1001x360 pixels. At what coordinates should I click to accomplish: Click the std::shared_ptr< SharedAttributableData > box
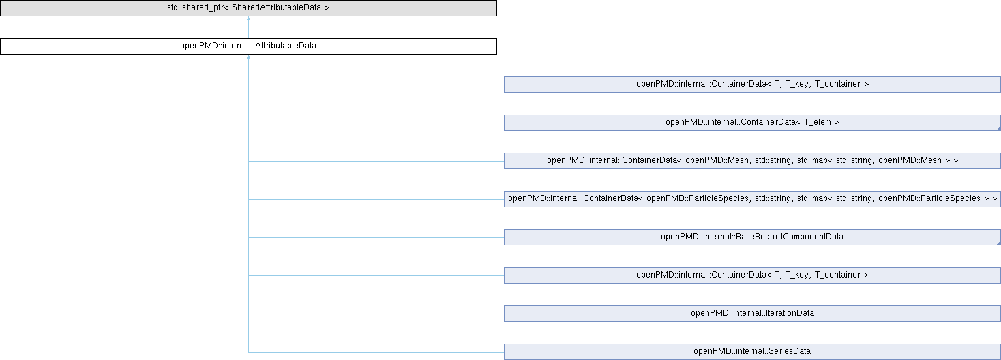[248, 8]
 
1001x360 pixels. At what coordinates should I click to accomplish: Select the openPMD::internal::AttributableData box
[248, 46]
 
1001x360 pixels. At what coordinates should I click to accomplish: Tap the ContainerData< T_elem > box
[751, 123]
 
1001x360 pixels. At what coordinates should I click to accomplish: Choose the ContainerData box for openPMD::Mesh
[751, 161]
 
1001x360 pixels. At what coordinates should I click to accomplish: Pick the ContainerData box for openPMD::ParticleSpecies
[751, 199]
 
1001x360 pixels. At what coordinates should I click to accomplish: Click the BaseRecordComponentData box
[751, 237]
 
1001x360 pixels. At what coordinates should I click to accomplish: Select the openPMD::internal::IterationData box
[751, 314]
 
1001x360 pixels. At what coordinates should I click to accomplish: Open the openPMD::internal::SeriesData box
[751, 352]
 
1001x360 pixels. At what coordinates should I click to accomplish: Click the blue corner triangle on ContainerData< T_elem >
[997, 127]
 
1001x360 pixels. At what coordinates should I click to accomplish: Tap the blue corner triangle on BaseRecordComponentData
[997, 242]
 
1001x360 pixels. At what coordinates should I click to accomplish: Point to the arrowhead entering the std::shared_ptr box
[248, 19]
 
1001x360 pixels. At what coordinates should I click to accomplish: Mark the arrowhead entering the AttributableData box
[248, 57]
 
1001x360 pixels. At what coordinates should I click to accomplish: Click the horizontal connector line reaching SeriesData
[375, 352]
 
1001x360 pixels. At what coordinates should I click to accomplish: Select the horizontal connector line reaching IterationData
[375, 314]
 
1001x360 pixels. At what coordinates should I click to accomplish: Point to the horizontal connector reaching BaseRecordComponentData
[375, 237]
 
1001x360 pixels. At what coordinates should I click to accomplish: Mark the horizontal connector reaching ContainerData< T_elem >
[375, 123]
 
